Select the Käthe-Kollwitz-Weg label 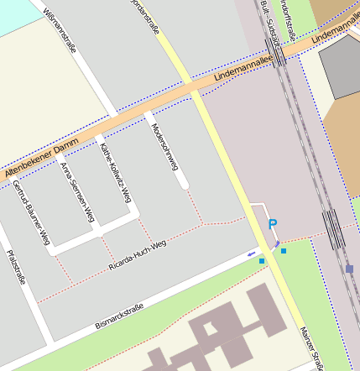click(115, 172)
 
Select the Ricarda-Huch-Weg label click(138, 256)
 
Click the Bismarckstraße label click(118, 315)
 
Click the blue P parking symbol click(272, 224)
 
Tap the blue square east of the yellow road click(284, 250)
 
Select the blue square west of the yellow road click(262, 261)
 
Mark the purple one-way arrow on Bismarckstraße click(252, 253)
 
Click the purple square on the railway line click(349, 269)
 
